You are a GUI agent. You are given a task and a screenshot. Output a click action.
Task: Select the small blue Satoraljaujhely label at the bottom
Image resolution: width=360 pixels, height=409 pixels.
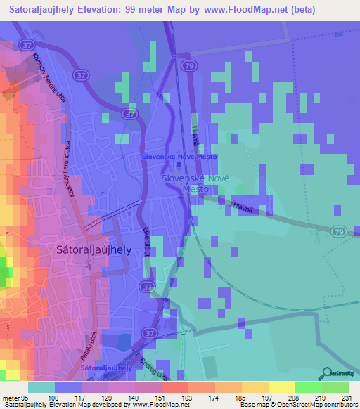(x=106, y=368)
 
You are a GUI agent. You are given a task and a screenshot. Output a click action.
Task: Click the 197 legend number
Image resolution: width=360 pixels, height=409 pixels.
(x=266, y=397)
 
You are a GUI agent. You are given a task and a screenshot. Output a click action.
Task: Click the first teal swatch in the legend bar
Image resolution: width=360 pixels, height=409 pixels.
(x=41, y=387)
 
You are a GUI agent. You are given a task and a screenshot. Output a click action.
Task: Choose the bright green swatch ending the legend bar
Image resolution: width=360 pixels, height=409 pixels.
(x=335, y=387)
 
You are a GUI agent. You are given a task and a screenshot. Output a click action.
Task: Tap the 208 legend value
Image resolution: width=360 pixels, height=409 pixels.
(x=293, y=397)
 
